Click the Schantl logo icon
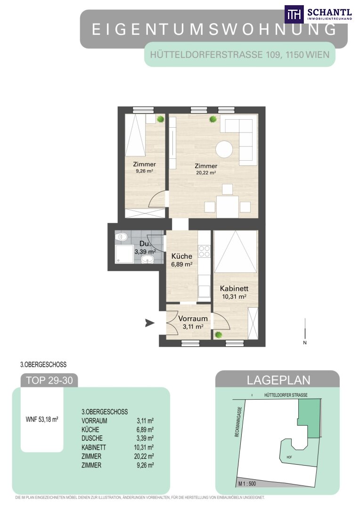tap(294, 14)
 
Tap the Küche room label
tap(182, 256)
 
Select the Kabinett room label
tap(234, 288)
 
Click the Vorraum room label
tap(193, 319)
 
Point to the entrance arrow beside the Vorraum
tap(150, 323)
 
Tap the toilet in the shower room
tap(122, 236)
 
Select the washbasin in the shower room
tap(148, 259)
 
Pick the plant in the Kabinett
tap(219, 334)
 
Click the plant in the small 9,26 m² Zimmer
tap(160, 119)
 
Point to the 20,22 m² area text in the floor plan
tap(206, 172)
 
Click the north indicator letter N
tap(305, 343)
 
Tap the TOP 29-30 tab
tap(49, 380)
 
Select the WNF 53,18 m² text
tap(42, 419)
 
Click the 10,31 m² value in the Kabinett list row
tap(144, 447)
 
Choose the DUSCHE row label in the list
tap(92, 438)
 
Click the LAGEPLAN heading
tap(278, 380)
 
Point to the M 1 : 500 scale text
tap(247, 484)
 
